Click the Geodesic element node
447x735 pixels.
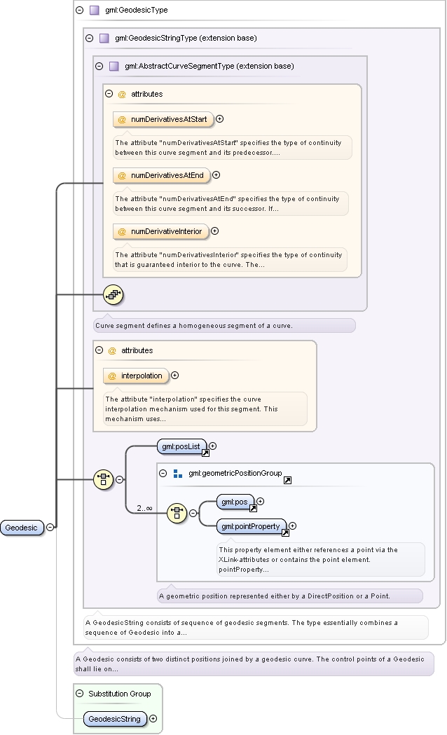(22, 528)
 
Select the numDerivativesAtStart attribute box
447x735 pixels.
(163, 120)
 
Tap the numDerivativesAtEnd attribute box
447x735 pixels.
(162, 175)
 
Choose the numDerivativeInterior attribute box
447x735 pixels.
(160, 231)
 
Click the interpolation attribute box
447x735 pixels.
(136, 376)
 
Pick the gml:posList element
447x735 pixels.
(181, 447)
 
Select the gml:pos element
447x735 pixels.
(235, 502)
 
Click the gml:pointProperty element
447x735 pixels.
(251, 527)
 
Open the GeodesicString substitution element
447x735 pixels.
(115, 719)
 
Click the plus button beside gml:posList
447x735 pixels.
(213, 446)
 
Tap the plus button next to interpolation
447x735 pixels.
(174, 375)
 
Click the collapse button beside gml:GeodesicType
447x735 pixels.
(80, 10)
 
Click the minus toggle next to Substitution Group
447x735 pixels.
(80, 693)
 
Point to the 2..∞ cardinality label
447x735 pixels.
(144, 508)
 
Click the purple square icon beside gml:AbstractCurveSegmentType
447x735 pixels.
(114, 66)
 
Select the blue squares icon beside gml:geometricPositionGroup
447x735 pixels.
(177, 474)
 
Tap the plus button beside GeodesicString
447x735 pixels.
(153, 718)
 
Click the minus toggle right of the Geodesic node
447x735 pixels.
(50, 527)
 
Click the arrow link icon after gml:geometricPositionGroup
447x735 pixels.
(288, 480)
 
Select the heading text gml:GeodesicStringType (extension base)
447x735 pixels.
(186, 38)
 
